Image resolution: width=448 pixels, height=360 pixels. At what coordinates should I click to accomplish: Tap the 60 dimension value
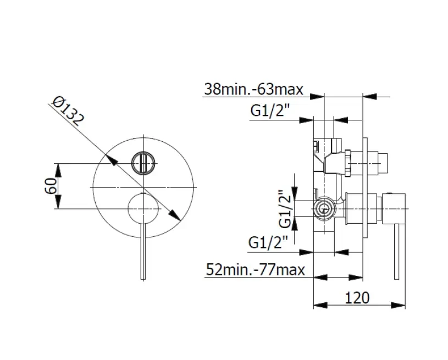[x=50, y=186]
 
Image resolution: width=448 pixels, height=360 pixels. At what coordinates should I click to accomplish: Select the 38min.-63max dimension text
[x=253, y=88]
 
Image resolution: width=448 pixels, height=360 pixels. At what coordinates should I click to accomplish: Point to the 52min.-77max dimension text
[x=255, y=269]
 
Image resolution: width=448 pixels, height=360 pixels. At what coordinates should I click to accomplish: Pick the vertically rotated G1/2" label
[x=284, y=209]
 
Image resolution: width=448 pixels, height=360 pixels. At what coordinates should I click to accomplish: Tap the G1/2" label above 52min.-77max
[x=268, y=241]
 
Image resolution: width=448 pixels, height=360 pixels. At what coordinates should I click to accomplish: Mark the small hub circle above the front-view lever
[x=143, y=208]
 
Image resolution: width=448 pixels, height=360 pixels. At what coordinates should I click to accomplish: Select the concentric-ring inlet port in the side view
[x=324, y=208]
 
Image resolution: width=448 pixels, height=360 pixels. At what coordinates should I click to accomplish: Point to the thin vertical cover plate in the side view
[x=364, y=181]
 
